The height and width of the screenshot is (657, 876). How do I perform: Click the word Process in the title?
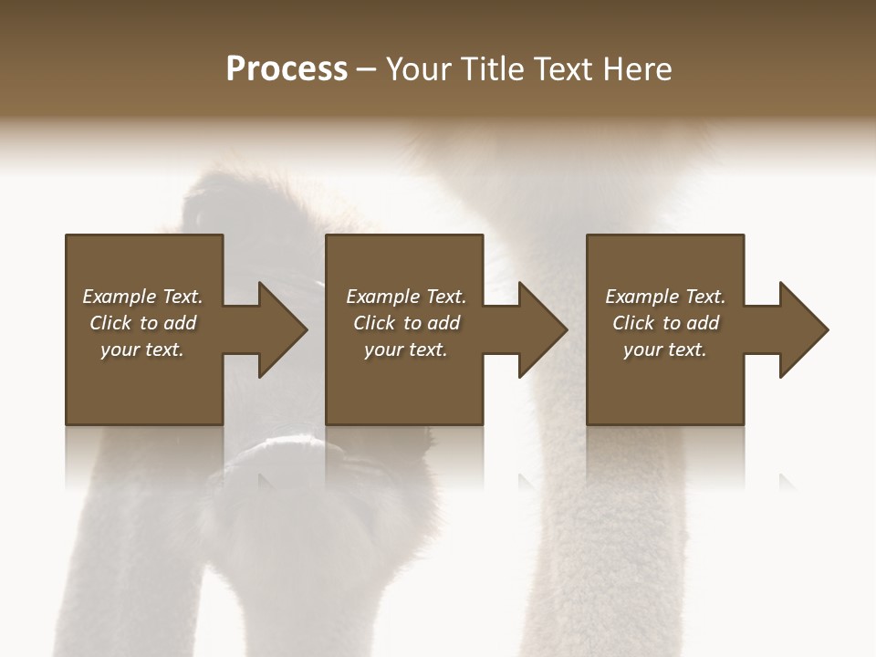coord(287,69)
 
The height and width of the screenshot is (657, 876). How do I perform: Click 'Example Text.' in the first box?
coord(142,297)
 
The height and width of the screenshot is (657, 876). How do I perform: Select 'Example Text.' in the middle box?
coord(406,297)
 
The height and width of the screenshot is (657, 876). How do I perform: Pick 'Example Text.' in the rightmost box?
coord(665,297)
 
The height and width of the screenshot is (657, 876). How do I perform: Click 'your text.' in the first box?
coord(142,349)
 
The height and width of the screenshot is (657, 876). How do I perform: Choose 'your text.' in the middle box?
coord(406,349)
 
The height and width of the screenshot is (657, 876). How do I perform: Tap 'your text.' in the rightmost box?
coord(665,349)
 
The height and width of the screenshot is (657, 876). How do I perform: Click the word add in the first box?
coord(180,323)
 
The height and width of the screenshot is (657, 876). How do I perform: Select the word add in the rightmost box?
coord(703,323)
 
